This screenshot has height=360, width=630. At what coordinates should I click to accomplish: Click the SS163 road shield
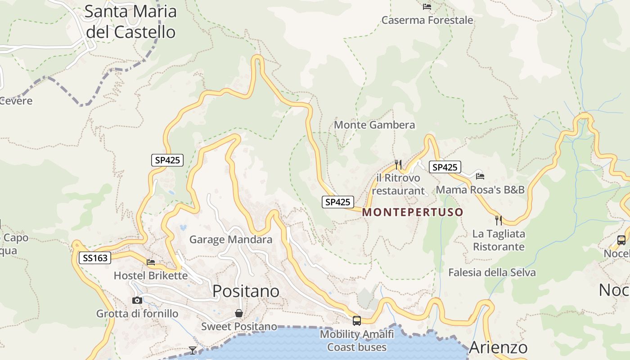pyautogui.click(x=94, y=258)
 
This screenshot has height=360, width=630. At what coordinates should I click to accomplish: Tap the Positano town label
pyautogui.click(x=246, y=291)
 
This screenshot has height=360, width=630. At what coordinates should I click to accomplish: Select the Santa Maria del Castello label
pyautogui.click(x=130, y=22)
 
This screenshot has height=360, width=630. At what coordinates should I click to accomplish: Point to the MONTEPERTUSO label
pyautogui.click(x=413, y=212)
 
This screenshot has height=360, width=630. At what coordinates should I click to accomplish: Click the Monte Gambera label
pyautogui.click(x=374, y=125)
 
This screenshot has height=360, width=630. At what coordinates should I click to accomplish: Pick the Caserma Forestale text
pyautogui.click(x=427, y=20)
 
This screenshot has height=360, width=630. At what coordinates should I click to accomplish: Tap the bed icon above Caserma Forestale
pyautogui.click(x=427, y=7)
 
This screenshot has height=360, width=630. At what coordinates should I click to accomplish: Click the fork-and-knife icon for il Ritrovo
pyautogui.click(x=398, y=164)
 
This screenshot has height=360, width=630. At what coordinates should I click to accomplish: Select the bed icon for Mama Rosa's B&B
pyautogui.click(x=480, y=176)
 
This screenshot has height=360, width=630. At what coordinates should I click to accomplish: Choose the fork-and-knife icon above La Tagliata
pyautogui.click(x=498, y=220)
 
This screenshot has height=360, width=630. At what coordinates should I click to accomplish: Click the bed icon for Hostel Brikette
pyautogui.click(x=151, y=262)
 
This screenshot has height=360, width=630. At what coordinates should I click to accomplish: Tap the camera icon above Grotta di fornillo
pyautogui.click(x=137, y=300)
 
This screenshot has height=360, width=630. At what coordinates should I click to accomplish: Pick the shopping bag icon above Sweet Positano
pyautogui.click(x=239, y=313)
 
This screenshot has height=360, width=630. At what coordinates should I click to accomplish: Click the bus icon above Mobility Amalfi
pyautogui.click(x=357, y=321)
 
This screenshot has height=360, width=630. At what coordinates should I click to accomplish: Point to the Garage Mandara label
pyautogui.click(x=231, y=239)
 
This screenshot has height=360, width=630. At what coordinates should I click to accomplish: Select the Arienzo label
pyautogui.click(x=498, y=347)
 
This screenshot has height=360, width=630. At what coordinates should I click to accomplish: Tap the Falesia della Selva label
pyautogui.click(x=492, y=272)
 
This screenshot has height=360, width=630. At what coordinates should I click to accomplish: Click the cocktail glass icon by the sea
pyautogui.click(x=193, y=350)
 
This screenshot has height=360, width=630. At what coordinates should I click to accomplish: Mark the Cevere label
pyautogui.click(x=16, y=100)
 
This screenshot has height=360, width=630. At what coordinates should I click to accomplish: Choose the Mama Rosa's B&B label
pyautogui.click(x=480, y=189)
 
